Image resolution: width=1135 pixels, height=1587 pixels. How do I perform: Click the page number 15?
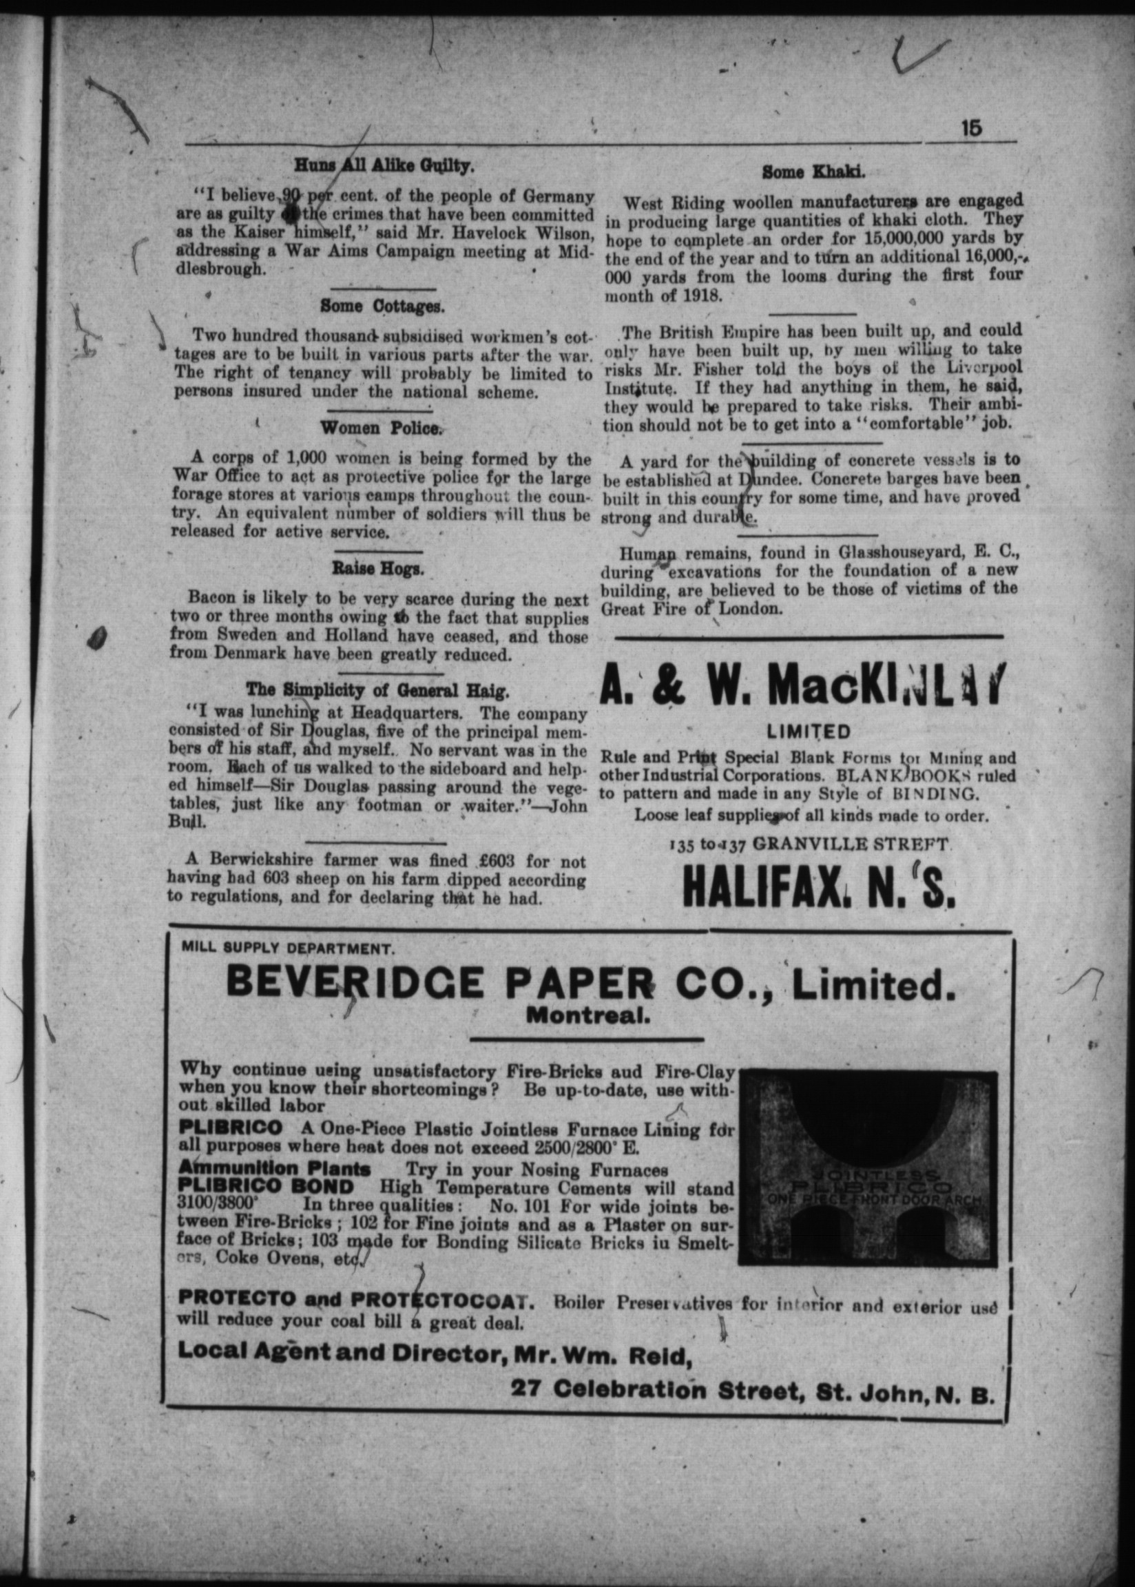(x=971, y=129)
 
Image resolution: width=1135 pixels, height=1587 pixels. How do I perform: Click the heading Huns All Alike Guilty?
(x=384, y=166)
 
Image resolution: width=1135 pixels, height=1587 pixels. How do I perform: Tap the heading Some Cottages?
(x=382, y=306)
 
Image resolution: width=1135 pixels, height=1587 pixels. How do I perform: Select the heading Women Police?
(x=382, y=428)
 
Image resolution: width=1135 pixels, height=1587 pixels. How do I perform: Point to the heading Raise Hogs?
(x=378, y=569)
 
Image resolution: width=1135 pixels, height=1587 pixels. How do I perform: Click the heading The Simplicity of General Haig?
(x=377, y=690)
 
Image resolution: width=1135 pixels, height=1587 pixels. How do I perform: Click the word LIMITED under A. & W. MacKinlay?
(x=809, y=732)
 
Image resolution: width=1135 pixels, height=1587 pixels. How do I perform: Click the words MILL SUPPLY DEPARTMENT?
(x=287, y=948)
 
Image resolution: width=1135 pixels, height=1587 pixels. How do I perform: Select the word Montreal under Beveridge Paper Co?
(x=587, y=1015)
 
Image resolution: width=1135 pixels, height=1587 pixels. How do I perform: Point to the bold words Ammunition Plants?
(x=274, y=1168)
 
